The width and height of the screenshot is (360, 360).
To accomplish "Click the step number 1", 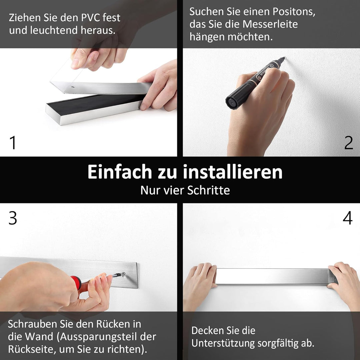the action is (13, 143).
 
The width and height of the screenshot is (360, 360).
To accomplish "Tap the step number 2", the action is (349, 143).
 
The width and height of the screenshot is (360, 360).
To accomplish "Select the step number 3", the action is (13, 218).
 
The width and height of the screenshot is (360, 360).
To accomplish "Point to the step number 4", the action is (347, 218).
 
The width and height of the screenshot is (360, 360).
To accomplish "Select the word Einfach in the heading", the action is (119, 172).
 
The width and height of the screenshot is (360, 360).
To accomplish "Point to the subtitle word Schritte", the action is (208, 190).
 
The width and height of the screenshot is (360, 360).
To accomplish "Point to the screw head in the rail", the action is (124, 274).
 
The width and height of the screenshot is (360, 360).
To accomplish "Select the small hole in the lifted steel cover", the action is (72, 88).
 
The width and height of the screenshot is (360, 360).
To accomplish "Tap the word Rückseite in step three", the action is (31, 349).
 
